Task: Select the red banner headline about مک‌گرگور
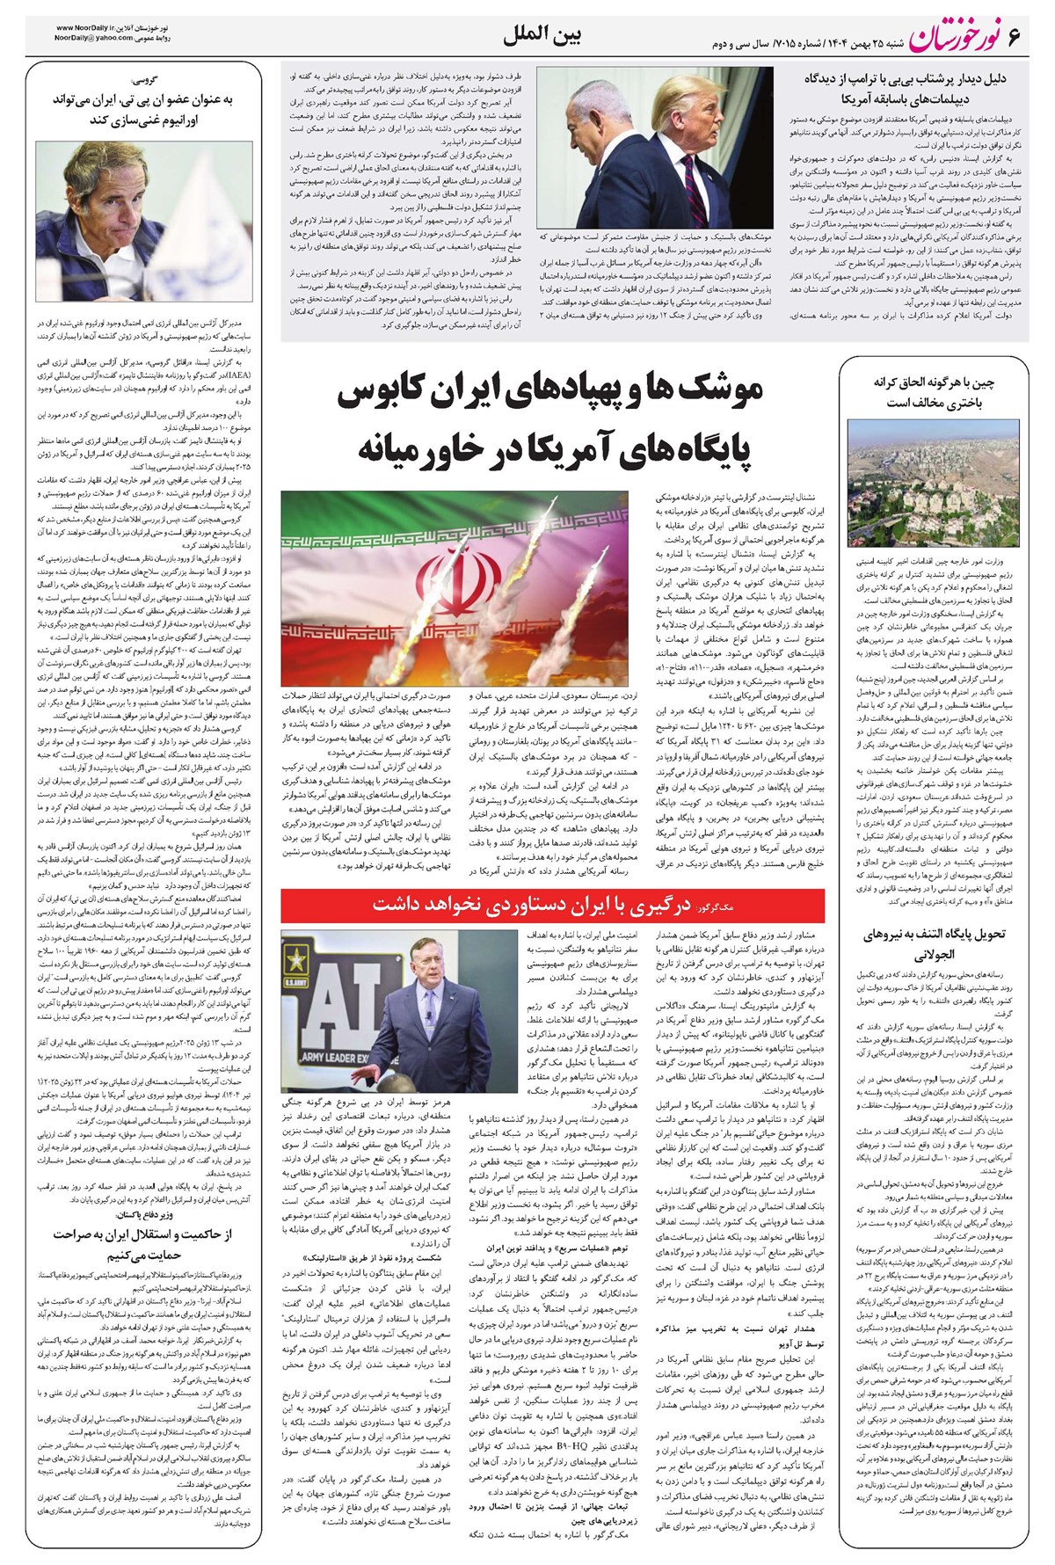pyautogui.click(x=553, y=905)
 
